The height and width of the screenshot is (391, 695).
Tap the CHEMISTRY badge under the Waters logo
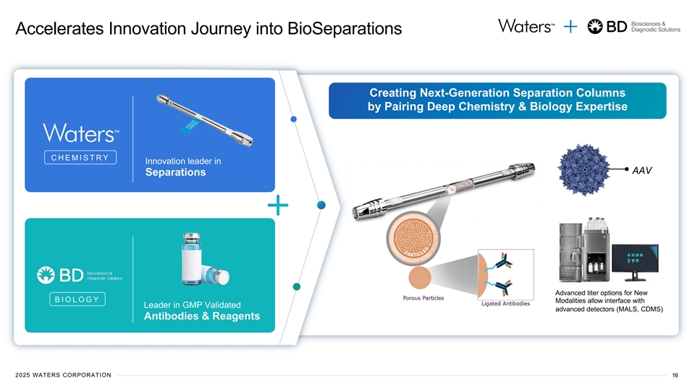80,158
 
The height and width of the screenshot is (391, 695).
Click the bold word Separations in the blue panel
175,172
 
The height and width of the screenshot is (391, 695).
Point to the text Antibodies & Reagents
202,316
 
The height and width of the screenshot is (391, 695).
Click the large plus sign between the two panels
277,206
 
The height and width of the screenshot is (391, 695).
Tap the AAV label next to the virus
643,171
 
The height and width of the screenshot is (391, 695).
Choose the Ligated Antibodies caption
505,304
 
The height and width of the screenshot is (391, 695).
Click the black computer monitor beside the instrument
637,261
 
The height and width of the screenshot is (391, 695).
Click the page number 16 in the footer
675,374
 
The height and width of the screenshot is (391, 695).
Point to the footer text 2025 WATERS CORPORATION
63,374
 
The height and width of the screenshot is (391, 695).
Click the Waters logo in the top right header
525,26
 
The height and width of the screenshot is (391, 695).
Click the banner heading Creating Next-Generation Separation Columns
497,93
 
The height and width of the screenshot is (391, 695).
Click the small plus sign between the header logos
570,27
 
